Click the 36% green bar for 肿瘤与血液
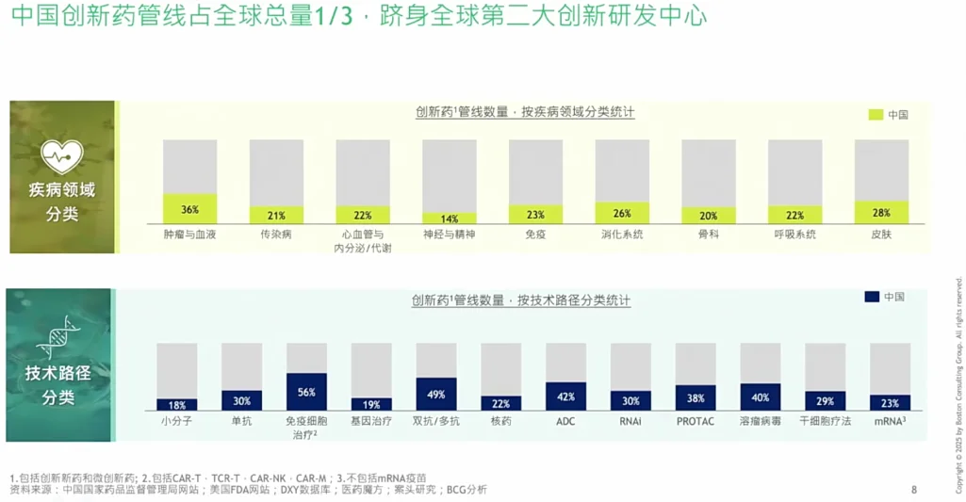[189, 209]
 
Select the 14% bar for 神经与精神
[449, 219]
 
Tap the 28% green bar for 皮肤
[881, 213]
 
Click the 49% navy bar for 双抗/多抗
[435, 394]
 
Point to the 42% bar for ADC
[565, 397]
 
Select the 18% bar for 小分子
[176, 405]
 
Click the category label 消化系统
[622, 234]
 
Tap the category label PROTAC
[696, 421]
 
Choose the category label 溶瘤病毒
[760, 421]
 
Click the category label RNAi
[630, 421]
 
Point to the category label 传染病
[276, 234]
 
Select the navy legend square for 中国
[872, 297]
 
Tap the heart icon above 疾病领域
[61, 155]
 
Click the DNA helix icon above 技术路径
[58, 337]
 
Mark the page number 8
[913, 489]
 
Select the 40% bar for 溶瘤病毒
[760, 397]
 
